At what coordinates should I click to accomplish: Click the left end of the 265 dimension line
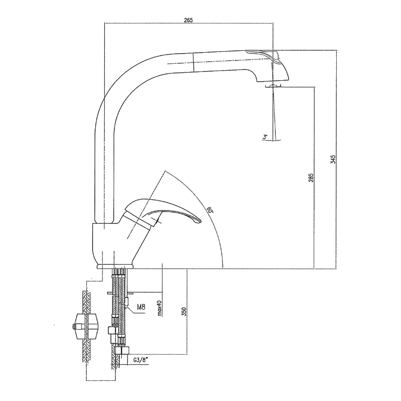click(104, 23)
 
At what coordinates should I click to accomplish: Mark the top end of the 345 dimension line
click(337, 50)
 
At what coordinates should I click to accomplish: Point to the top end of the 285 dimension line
click(315, 87)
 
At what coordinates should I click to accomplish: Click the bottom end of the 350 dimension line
click(188, 355)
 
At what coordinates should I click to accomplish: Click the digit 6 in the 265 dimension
click(188, 20)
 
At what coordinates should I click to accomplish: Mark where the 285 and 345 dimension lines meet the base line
click(325, 269)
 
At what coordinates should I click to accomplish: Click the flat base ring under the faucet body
click(115, 267)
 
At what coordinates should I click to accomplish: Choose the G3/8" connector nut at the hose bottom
click(122, 350)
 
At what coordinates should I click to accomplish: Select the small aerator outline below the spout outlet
click(273, 86)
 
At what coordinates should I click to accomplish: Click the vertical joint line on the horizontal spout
click(193, 62)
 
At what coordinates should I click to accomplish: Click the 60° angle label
click(210, 210)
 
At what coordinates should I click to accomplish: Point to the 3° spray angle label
click(265, 137)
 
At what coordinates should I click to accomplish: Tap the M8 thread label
click(141, 307)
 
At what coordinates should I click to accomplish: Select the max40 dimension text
click(159, 308)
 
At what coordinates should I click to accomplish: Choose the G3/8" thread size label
click(141, 360)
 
